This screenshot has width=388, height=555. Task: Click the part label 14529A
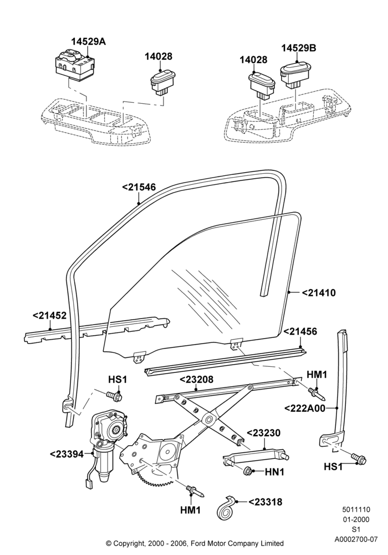click(x=88, y=42)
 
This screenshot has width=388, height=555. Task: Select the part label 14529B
click(x=299, y=48)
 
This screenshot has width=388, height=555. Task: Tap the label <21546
click(x=139, y=187)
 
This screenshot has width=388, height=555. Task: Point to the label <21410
click(x=319, y=292)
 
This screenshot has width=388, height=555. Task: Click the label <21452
click(x=49, y=315)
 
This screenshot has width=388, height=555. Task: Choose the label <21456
click(x=300, y=332)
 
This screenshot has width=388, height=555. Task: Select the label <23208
click(x=196, y=380)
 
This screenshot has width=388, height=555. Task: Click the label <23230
click(x=264, y=433)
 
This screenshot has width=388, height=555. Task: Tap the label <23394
click(x=67, y=454)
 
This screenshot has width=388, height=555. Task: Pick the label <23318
click(x=266, y=502)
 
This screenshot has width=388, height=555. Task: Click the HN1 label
click(x=274, y=472)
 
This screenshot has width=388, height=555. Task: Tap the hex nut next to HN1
click(x=249, y=471)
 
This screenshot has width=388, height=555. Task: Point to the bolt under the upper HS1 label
click(x=114, y=395)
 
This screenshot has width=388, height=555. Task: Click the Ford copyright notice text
click(x=195, y=543)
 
